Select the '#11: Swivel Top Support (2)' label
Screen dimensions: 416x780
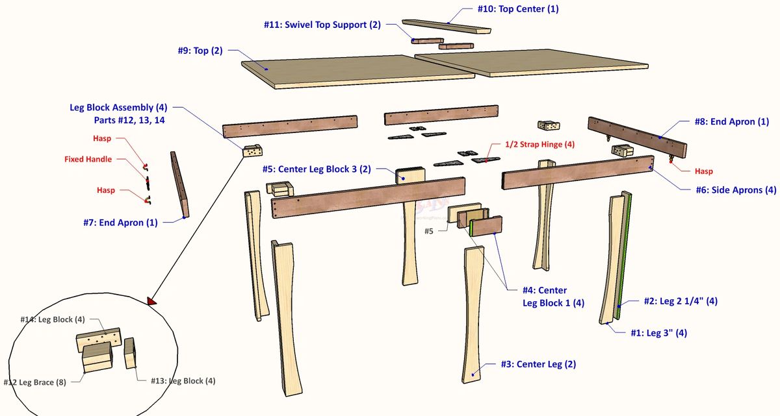322,25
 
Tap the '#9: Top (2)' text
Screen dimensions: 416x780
200,51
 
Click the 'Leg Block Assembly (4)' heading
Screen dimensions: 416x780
118,108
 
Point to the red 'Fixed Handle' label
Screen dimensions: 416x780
88,159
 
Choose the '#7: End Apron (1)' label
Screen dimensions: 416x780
121,223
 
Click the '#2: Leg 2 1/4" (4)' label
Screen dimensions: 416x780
681,301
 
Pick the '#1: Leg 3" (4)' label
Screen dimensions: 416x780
658,333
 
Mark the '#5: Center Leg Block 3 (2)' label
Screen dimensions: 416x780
317,169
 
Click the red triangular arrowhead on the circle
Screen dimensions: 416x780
151,300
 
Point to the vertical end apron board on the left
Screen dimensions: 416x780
179,186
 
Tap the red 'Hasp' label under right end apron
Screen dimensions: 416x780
703,171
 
